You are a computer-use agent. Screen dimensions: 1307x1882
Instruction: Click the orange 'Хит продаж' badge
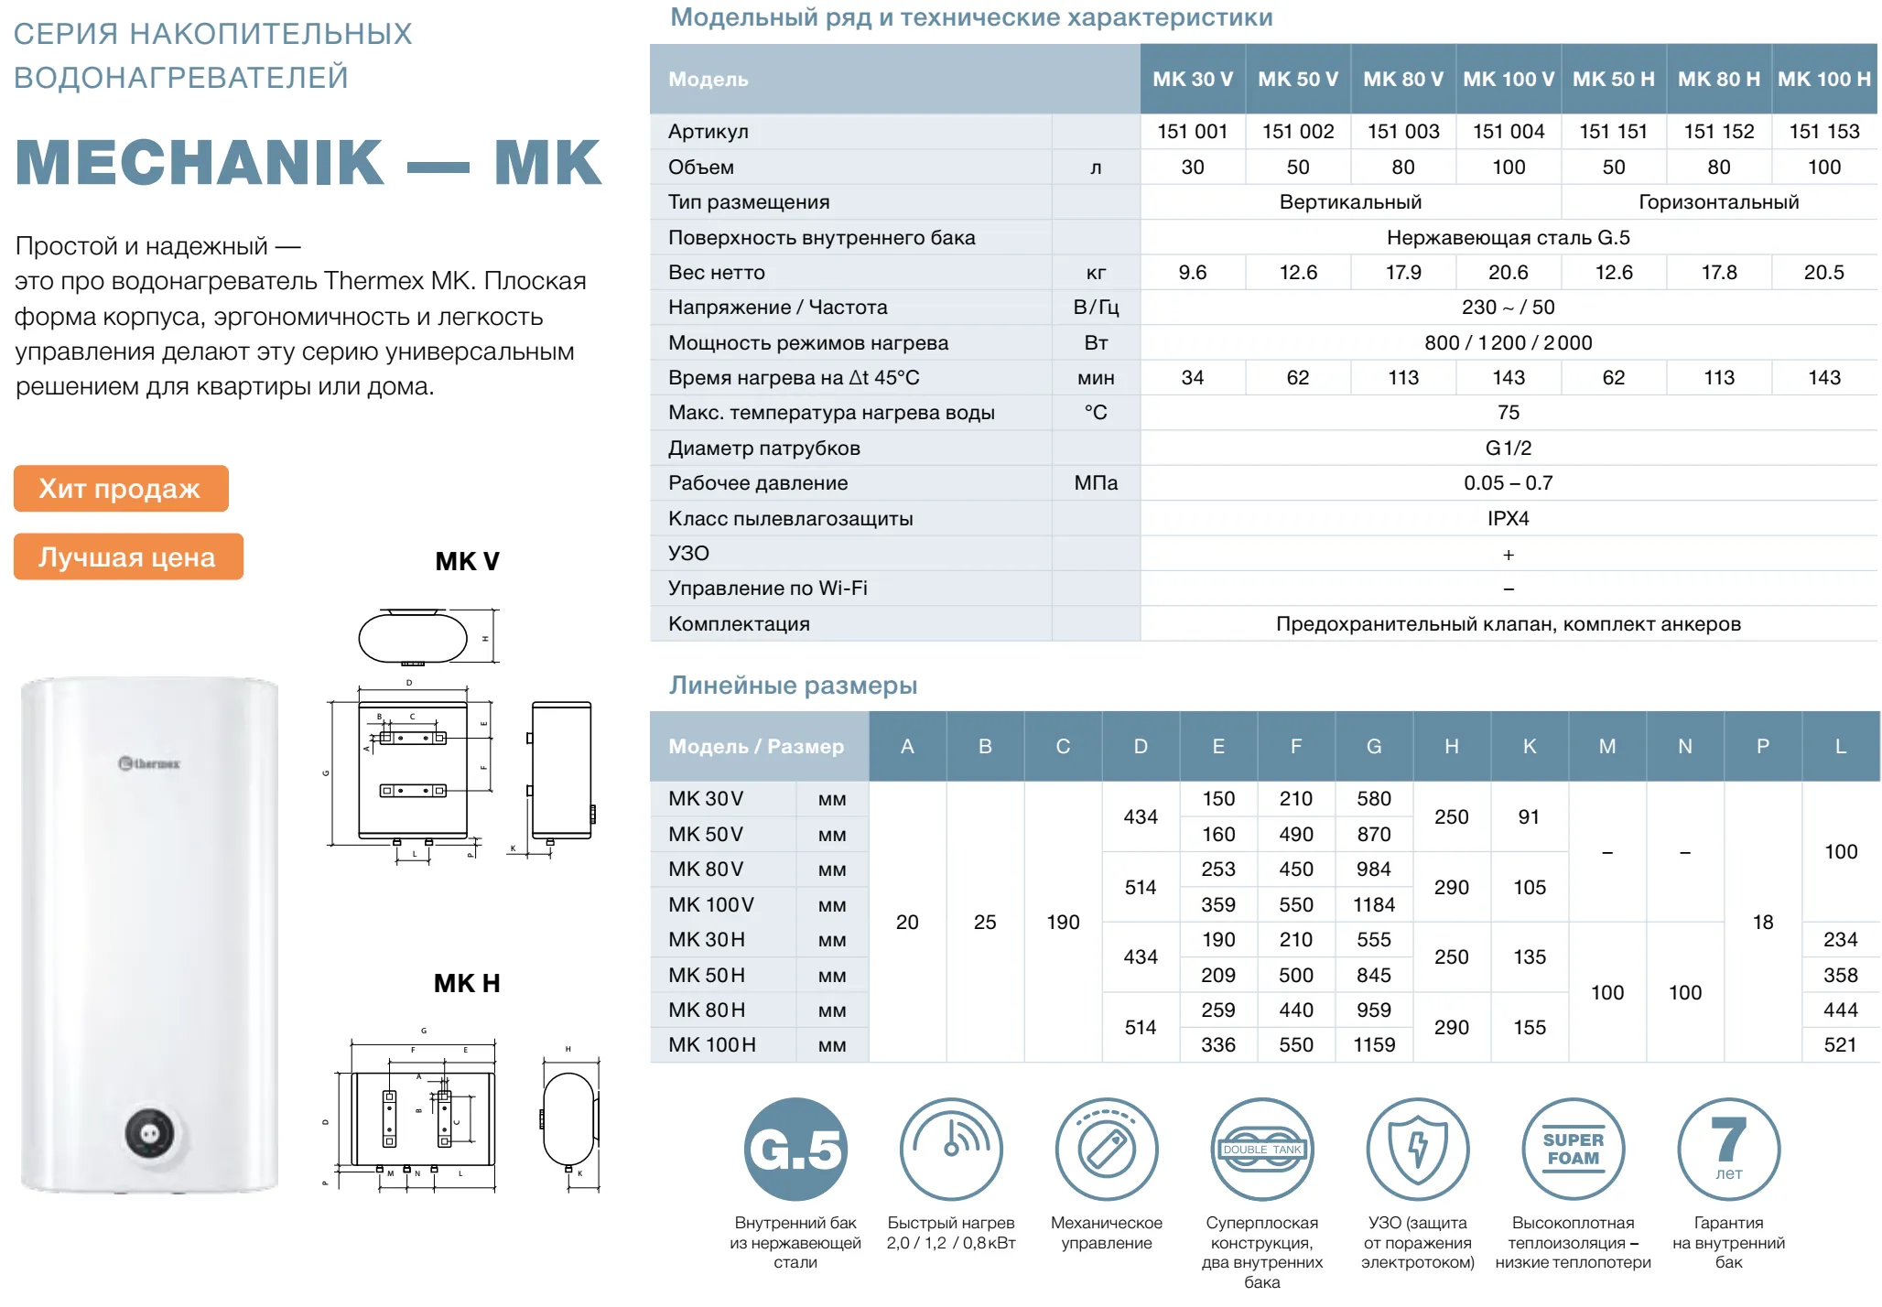pos(120,489)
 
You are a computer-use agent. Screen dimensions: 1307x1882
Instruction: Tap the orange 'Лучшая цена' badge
pos(127,556)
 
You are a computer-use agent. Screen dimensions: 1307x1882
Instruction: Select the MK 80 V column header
pos(1402,79)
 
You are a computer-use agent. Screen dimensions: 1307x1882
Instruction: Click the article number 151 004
pos(1508,132)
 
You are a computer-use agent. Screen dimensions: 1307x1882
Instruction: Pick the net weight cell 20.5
pos(1823,273)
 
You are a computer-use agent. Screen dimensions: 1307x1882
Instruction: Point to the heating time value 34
pos(1192,378)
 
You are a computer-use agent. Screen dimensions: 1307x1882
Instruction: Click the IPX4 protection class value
pos(1508,519)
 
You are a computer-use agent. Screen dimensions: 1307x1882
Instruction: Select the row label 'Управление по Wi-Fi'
pos(767,589)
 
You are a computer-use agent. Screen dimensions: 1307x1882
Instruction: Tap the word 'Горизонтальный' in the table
pos(1718,202)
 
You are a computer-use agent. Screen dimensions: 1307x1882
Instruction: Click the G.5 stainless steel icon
pos(795,1149)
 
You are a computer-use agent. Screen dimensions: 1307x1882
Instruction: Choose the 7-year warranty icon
pos(1728,1149)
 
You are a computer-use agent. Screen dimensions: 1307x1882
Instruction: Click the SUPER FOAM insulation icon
pos(1573,1149)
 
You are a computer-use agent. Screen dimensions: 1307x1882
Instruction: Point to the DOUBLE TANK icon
pos(1261,1149)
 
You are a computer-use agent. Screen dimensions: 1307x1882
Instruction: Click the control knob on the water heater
pos(150,1134)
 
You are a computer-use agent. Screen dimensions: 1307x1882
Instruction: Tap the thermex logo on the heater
pos(150,763)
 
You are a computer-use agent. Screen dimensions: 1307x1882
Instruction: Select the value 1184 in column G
pos(1373,905)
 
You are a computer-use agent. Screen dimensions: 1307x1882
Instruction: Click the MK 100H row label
pos(711,1045)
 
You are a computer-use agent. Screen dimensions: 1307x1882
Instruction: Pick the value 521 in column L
pos(1840,1045)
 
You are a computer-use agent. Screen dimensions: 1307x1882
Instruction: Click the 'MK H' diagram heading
pos(467,983)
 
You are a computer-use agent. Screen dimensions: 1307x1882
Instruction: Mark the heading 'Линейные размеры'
pos(793,686)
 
